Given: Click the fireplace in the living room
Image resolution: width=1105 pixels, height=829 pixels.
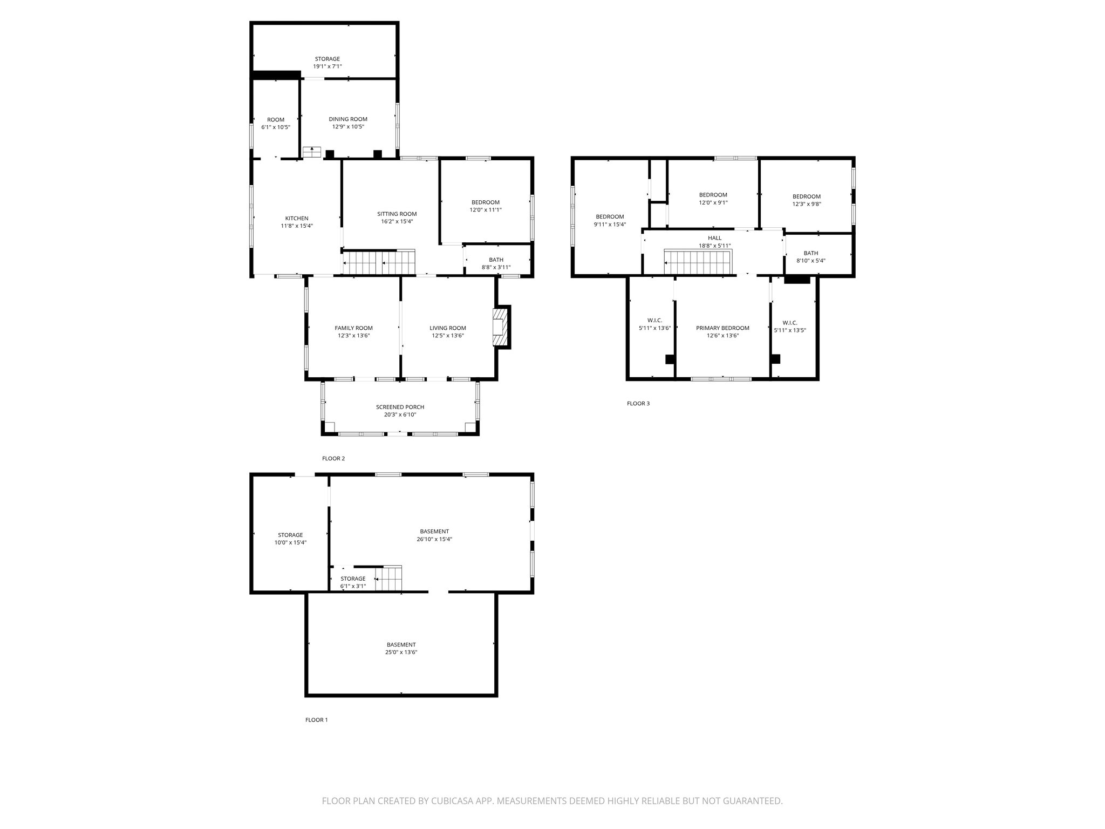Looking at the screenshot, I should tap(500, 326).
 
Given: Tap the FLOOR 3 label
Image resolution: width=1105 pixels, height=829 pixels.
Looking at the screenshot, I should tap(638, 403).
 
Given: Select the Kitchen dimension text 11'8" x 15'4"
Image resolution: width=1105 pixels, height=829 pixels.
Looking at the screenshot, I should tap(296, 226).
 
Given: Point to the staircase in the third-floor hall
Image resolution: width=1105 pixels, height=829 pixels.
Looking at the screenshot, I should tap(697, 263).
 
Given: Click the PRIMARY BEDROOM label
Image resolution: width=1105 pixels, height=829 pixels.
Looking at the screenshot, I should tap(722, 328).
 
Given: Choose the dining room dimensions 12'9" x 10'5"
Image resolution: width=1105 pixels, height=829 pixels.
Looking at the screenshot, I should tap(348, 127).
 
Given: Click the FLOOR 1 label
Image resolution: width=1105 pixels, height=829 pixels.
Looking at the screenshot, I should tap(316, 719).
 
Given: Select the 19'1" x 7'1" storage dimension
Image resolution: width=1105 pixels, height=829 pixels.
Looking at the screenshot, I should tap(328, 66).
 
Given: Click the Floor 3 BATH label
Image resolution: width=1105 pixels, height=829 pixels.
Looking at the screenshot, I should tap(810, 253).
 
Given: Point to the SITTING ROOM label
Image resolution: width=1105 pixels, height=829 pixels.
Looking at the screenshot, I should tap(397, 214).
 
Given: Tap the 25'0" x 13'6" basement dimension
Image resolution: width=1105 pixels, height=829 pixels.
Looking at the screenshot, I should tap(401, 652).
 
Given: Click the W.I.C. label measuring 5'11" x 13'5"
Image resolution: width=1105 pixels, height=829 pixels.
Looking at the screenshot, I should tap(789, 323).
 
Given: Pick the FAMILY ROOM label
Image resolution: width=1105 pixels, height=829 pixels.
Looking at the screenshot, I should tap(353, 328).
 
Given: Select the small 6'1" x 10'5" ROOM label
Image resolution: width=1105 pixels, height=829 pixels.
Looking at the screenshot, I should tap(276, 120).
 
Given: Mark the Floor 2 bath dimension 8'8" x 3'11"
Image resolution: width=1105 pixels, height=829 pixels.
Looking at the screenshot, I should tap(496, 267).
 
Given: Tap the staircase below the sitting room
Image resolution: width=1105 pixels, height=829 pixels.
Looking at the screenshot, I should tap(380, 263).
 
